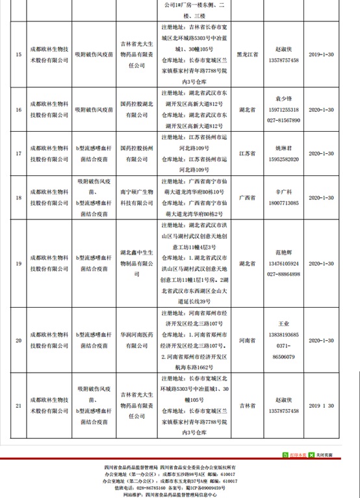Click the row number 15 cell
[18, 55]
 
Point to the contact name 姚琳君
[286, 147]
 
